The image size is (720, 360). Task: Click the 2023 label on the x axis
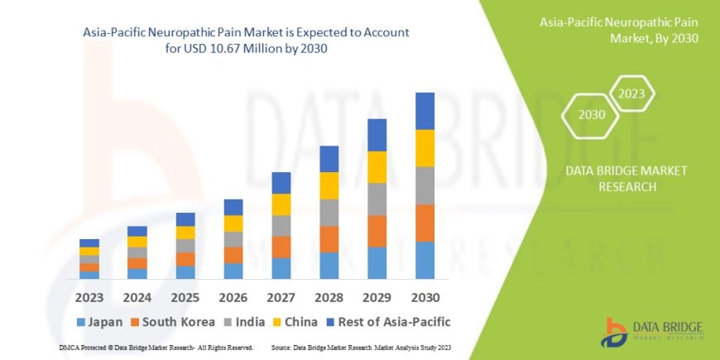click(x=89, y=296)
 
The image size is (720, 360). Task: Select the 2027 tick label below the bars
click(x=281, y=296)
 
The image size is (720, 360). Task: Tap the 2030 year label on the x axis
click(x=425, y=296)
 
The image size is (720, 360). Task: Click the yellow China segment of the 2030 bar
click(x=425, y=148)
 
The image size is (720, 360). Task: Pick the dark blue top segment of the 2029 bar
click(x=377, y=135)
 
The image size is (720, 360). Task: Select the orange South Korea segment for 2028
click(x=329, y=239)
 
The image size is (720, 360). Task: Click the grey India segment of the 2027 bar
click(x=281, y=226)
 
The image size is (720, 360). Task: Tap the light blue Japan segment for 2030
click(x=425, y=260)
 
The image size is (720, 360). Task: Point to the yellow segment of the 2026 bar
click(x=233, y=223)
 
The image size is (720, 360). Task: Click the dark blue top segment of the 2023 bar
click(x=89, y=242)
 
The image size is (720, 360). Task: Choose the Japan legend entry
click(x=98, y=321)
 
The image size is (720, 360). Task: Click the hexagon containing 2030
click(x=591, y=115)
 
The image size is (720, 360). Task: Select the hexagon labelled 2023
click(x=632, y=93)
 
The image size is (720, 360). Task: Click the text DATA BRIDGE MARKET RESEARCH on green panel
click(x=626, y=178)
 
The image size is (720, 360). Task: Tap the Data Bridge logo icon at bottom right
click(x=617, y=331)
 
